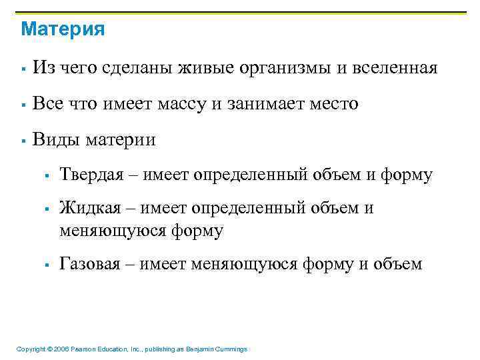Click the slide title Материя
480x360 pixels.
(63, 30)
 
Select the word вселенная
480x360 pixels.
(395, 68)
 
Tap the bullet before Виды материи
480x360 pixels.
(23, 141)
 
